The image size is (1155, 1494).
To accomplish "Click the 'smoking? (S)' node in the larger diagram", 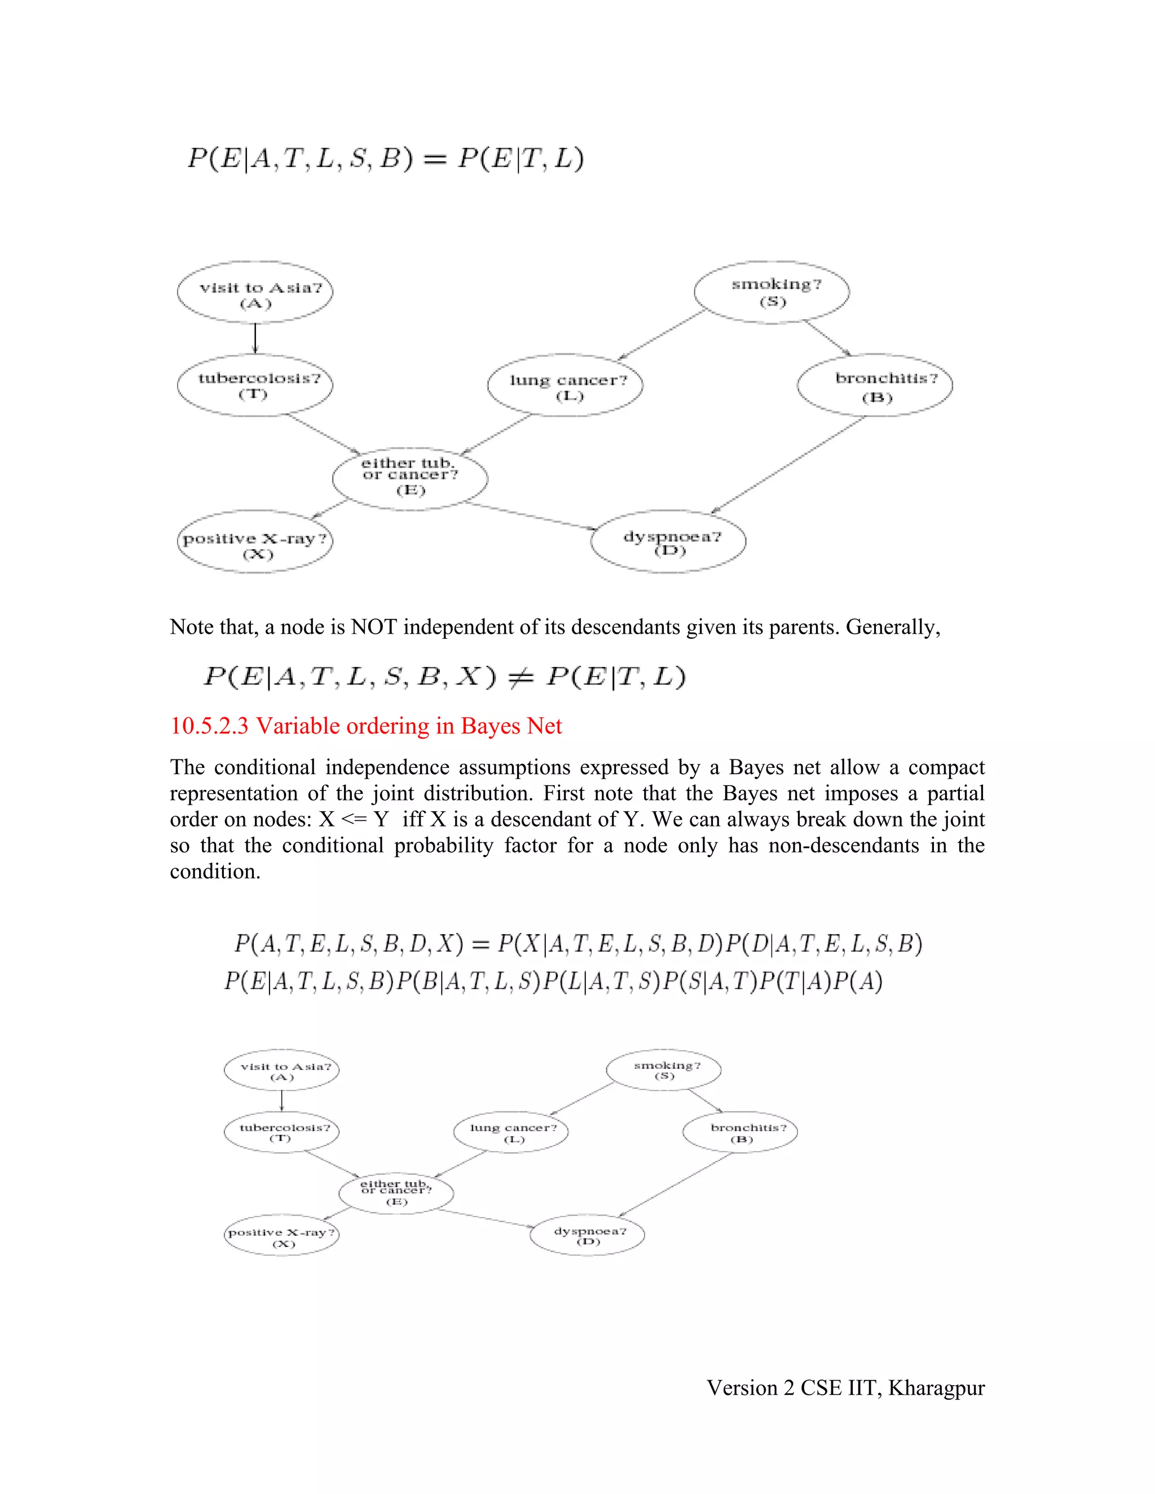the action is (772, 292).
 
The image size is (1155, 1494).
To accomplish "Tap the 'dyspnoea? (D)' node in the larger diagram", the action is (668, 541).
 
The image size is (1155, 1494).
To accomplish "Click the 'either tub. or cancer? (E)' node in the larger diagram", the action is (410, 477).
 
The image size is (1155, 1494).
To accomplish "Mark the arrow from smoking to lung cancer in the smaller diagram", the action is (582, 1099).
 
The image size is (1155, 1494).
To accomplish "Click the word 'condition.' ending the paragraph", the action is (215, 872).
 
